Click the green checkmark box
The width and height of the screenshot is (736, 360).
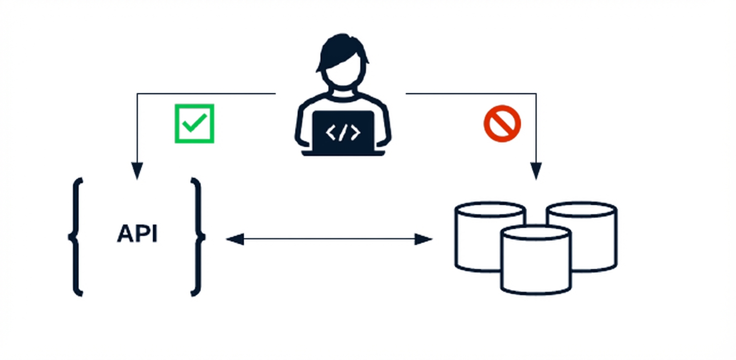[x=194, y=123]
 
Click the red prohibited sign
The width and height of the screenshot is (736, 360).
[x=502, y=123]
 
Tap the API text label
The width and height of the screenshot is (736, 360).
[x=137, y=234]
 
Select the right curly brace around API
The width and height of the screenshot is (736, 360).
[x=198, y=236]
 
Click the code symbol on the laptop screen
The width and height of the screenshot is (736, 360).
[x=343, y=132]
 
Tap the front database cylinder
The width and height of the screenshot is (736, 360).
[x=535, y=260]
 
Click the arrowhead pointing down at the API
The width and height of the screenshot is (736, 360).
[x=137, y=171]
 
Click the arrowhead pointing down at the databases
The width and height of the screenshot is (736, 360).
[x=536, y=171]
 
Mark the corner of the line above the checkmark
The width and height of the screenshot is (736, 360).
[x=137, y=93]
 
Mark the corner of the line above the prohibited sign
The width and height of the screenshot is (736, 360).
[x=536, y=93]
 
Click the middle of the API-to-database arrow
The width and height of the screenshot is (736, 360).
[x=329, y=239]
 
